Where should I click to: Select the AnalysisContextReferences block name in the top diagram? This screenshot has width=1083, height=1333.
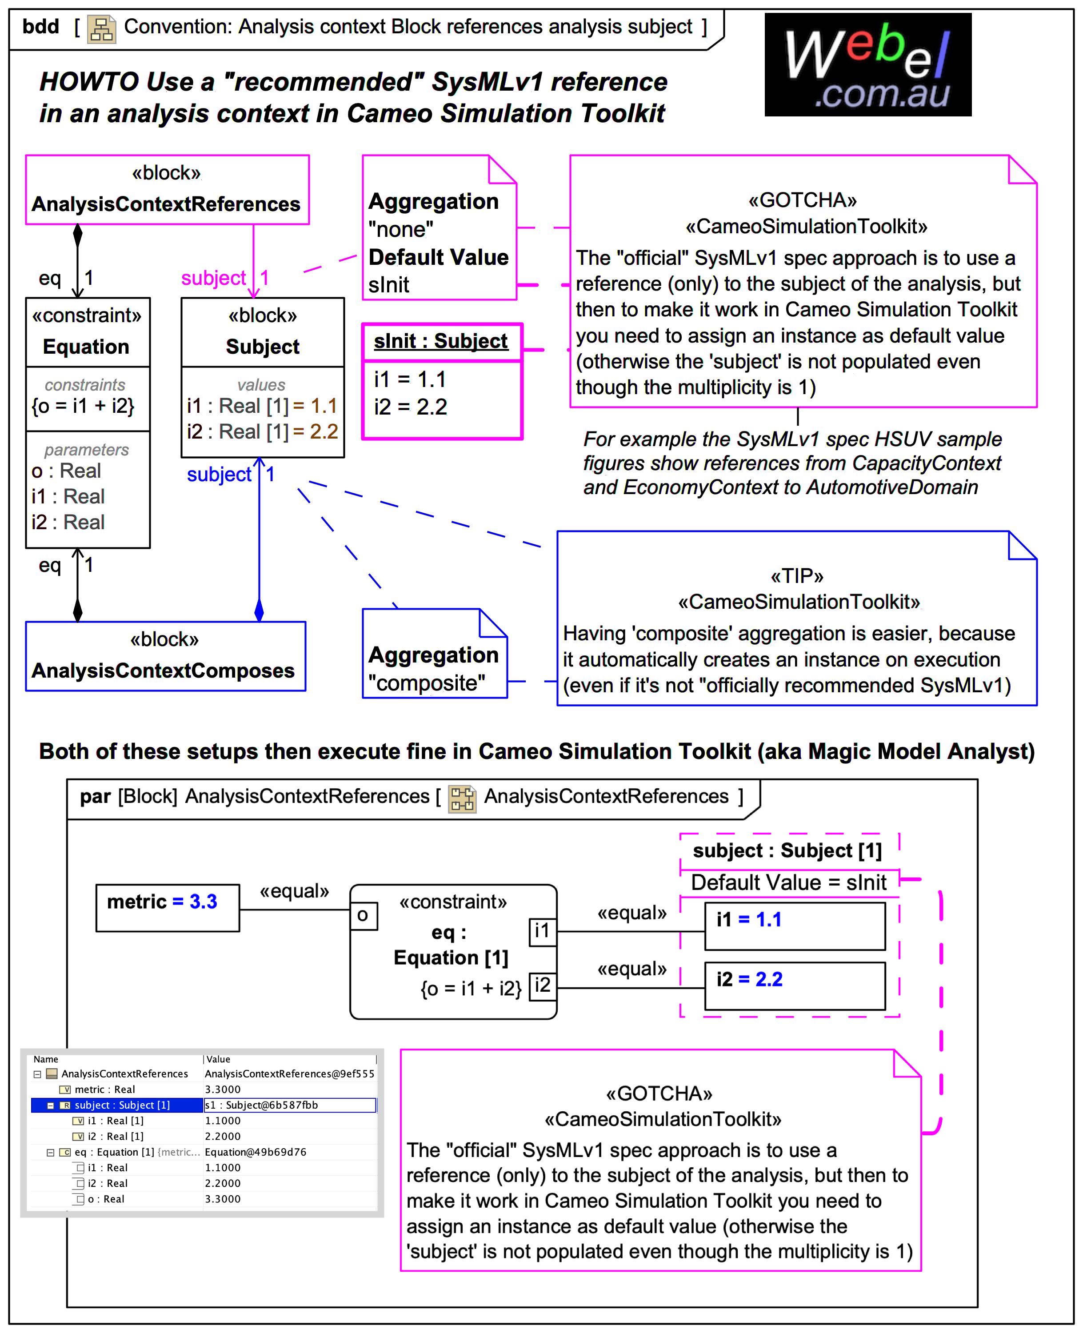point(166,204)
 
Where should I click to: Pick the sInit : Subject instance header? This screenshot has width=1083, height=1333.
point(440,341)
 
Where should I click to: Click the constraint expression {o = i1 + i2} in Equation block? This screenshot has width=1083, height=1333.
point(84,406)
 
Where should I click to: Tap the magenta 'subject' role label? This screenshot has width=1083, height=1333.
point(213,278)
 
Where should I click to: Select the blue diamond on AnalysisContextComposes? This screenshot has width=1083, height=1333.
point(259,610)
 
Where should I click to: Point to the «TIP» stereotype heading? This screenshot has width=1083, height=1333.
point(797,576)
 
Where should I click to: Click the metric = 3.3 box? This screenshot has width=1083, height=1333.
point(167,908)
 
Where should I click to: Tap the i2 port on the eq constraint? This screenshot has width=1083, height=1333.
point(542,986)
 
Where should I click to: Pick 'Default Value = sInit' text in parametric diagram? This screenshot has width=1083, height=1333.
point(788,882)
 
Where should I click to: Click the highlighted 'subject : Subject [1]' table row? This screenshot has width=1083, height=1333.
point(122,1105)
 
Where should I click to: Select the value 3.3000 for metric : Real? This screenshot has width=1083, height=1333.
point(223,1089)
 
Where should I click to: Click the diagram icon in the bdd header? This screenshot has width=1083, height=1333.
point(101,29)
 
